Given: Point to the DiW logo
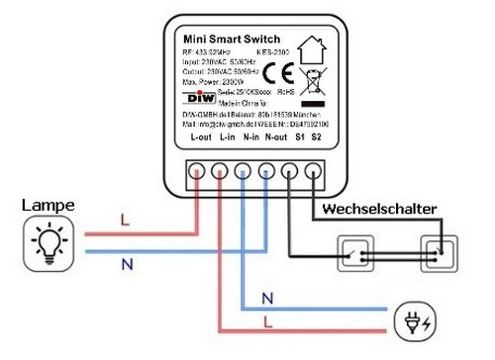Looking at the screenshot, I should coord(199,99).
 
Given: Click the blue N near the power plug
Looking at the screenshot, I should coord(267,297).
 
